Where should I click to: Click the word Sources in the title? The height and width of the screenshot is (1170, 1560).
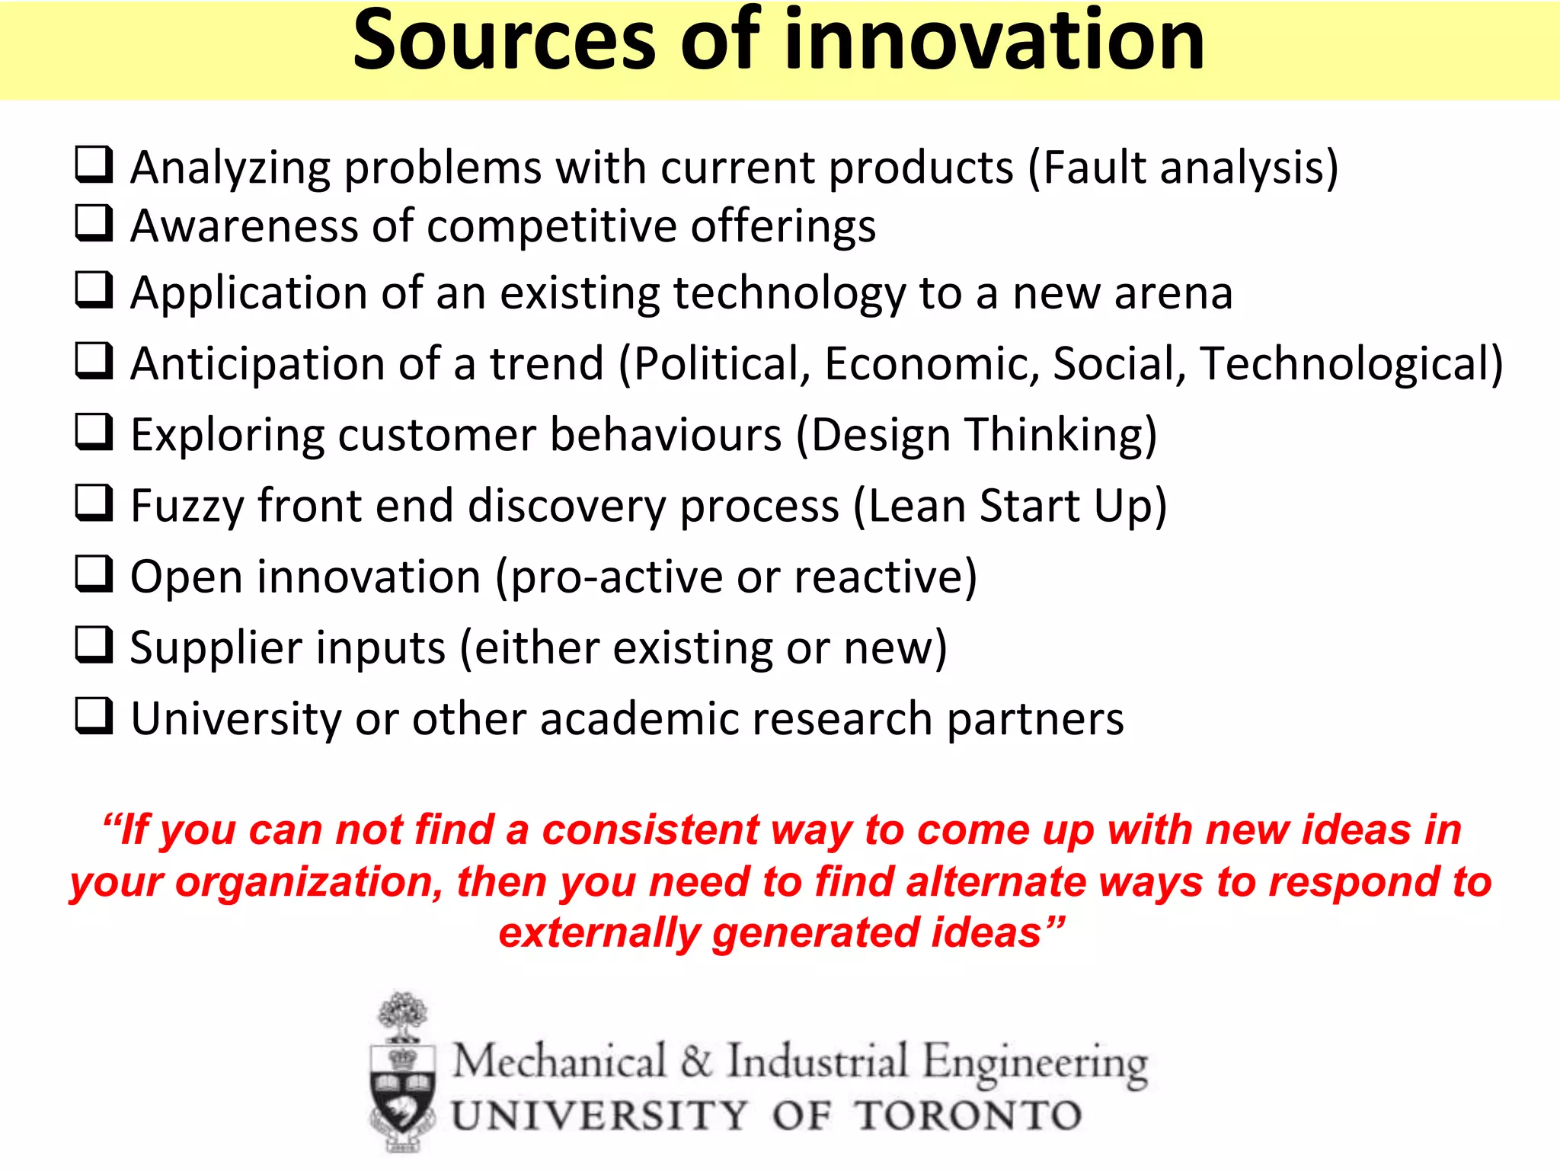click(x=503, y=42)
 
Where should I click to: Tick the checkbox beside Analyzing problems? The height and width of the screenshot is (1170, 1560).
click(x=94, y=165)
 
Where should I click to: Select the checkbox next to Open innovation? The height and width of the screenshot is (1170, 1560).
click(x=94, y=574)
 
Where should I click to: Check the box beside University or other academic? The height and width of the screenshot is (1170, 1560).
click(x=94, y=717)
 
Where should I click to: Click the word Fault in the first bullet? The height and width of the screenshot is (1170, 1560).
click(x=1094, y=167)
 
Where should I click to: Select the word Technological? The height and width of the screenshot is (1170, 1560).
click(x=1344, y=363)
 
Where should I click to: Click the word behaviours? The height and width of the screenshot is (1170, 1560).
click(x=666, y=435)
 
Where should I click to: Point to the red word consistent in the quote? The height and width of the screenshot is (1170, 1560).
click(x=650, y=830)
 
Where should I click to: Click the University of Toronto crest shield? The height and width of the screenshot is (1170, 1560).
click(x=403, y=1093)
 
